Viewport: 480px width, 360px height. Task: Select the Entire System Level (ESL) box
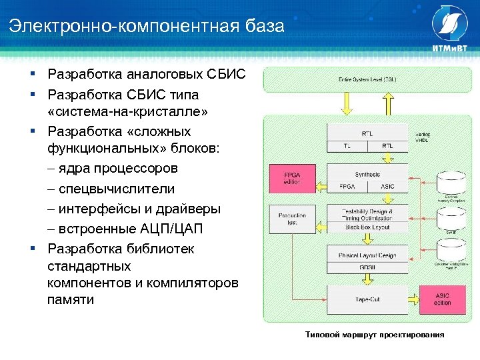pyautogui.click(x=367, y=79)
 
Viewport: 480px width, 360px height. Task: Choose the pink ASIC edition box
pyautogui.click(x=442, y=299)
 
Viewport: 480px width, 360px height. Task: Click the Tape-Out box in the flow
pyautogui.click(x=367, y=299)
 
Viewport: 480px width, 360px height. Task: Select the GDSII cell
pyautogui.click(x=367, y=267)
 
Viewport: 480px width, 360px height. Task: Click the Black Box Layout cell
pyautogui.click(x=367, y=227)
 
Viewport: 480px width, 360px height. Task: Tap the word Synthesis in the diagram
pyautogui.click(x=367, y=174)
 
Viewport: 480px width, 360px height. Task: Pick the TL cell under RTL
pyautogui.click(x=347, y=145)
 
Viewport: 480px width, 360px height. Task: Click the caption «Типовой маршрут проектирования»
pyautogui.click(x=374, y=334)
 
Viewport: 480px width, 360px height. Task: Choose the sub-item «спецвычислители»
pyautogui.click(x=116, y=189)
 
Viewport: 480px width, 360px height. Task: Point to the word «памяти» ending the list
pyautogui.click(x=71, y=299)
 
